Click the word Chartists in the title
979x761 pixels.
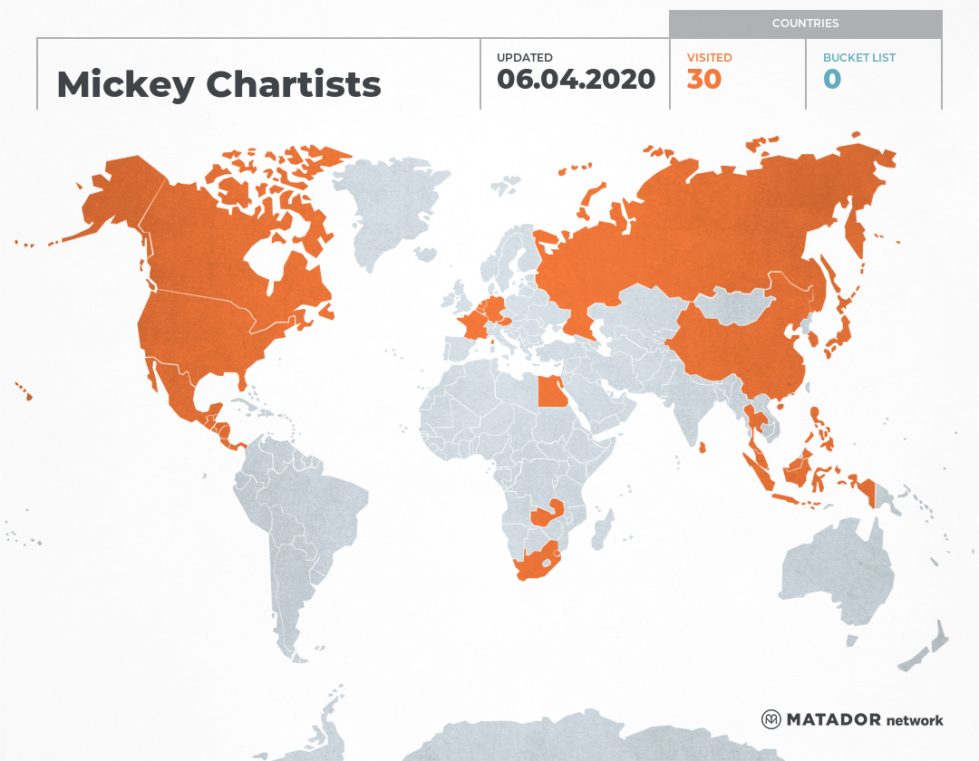(x=294, y=85)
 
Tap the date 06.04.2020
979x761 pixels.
(x=576, y=80)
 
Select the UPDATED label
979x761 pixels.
(x=524, y=57)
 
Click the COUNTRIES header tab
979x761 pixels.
(x=805, y=24)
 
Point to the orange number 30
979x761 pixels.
(x=703, y=80)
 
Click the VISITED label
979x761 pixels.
(x=709, y=57)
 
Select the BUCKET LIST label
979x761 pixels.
(x=858, y=57)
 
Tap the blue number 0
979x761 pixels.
(x=831, y=80)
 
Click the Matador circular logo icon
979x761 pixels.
(x=771, y=719)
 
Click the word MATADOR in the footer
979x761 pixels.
(x=833, y=720)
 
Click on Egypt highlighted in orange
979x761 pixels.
(x=549, y=393)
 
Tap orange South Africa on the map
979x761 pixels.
(x=536, y=565)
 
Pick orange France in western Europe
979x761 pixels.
(x=474, y=323)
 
